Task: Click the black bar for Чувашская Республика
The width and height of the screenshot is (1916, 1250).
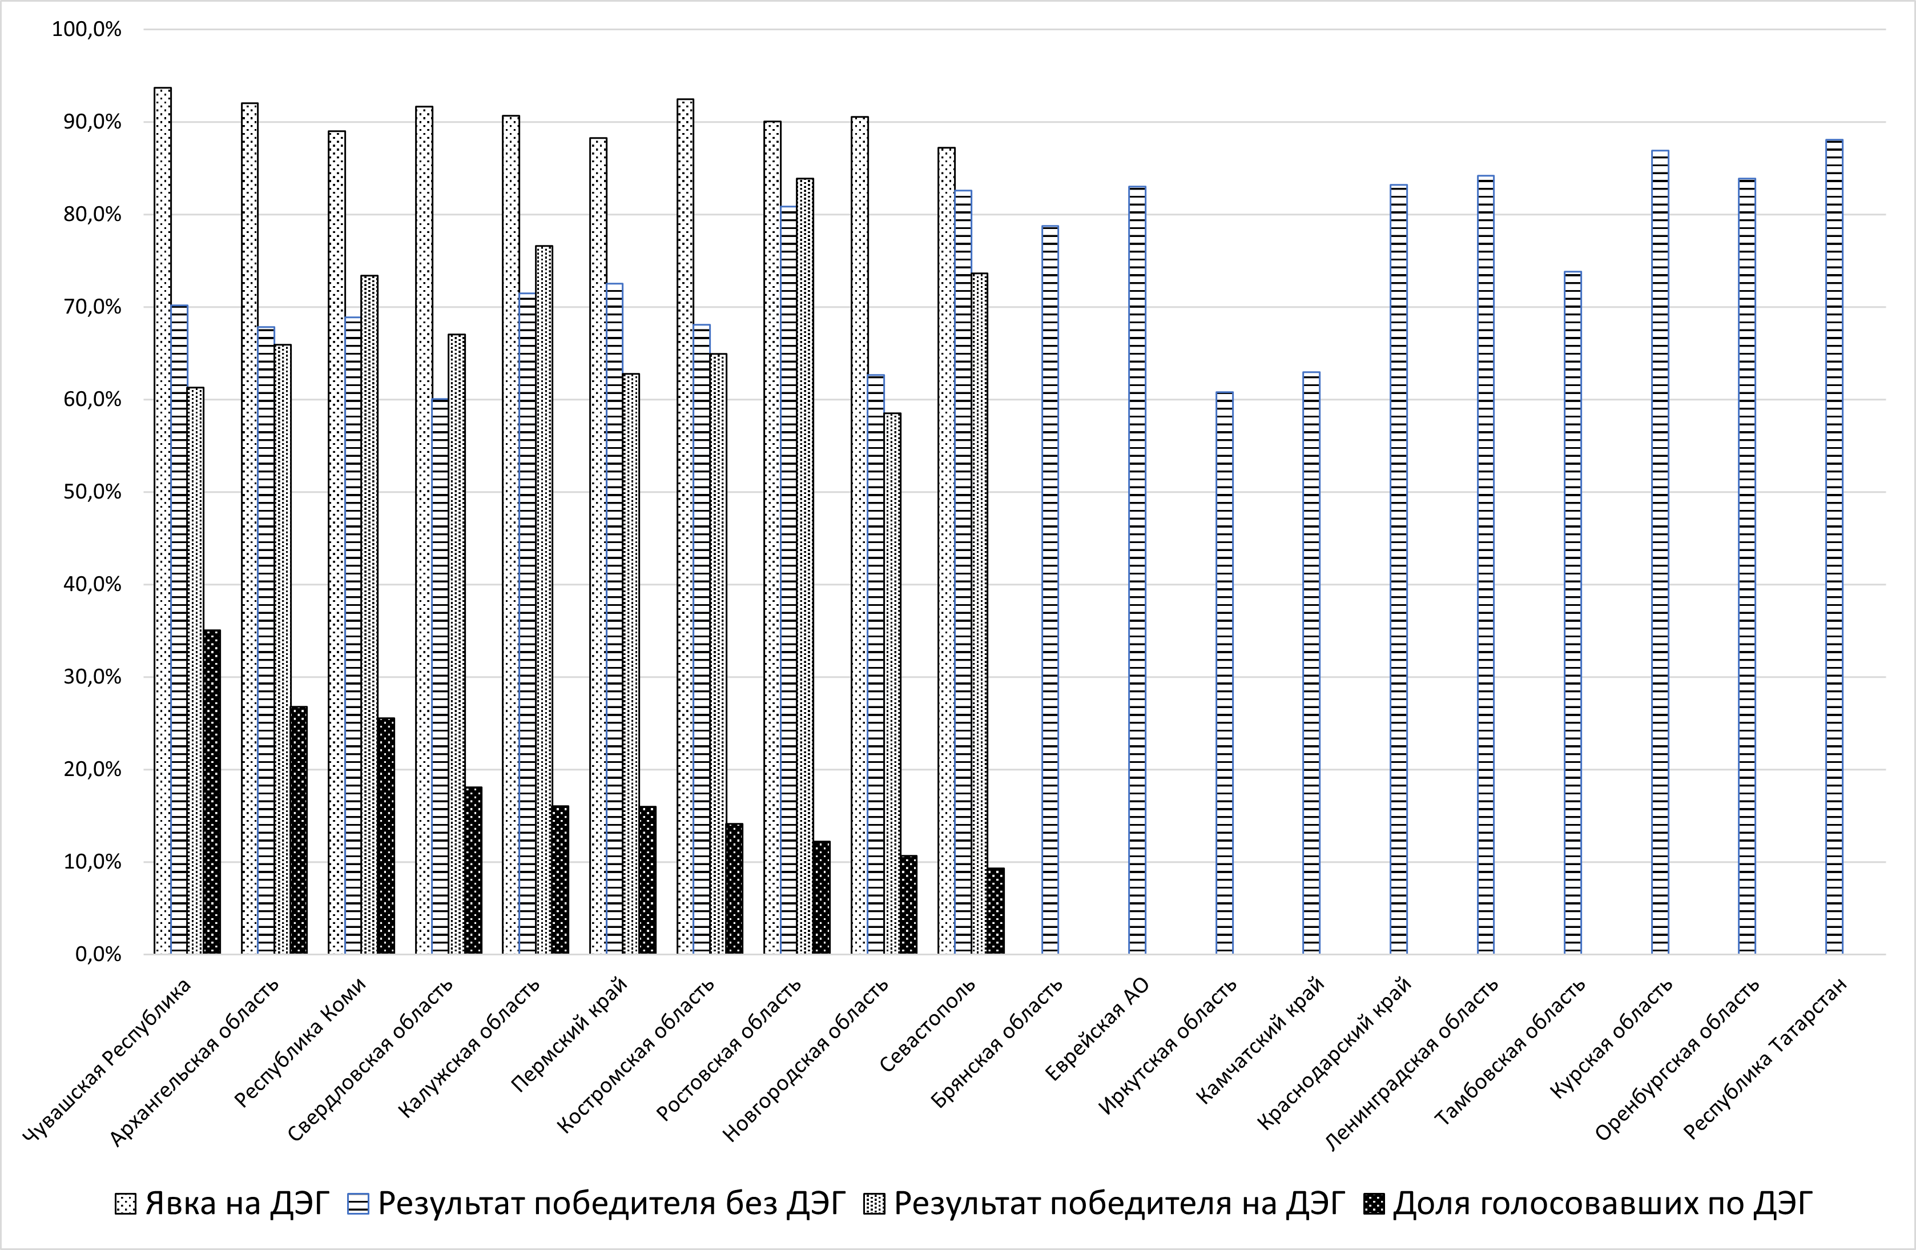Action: pyautogui.click(x=212, y=791)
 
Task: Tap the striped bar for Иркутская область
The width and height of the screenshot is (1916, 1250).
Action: pyautogui.click(x=1225, y=673)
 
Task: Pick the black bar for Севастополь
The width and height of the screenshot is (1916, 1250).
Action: pyautogui.click(x=996, y=911)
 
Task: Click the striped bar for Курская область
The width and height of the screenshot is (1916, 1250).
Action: pyautogui.click(x=1660, y=553)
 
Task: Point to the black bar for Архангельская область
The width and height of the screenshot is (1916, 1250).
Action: pyautogui.click(x=299, y=830)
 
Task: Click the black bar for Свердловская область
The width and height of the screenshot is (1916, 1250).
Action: pyautogui.click(x=473, y=871)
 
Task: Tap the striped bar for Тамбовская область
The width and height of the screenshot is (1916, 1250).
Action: pyautogui.click(x=1573, y=613)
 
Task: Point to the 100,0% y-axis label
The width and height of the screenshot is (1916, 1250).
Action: pyautogui.click(x=86, y=30)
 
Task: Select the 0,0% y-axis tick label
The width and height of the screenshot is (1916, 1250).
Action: pyautogui.click(x=98, y=954)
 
